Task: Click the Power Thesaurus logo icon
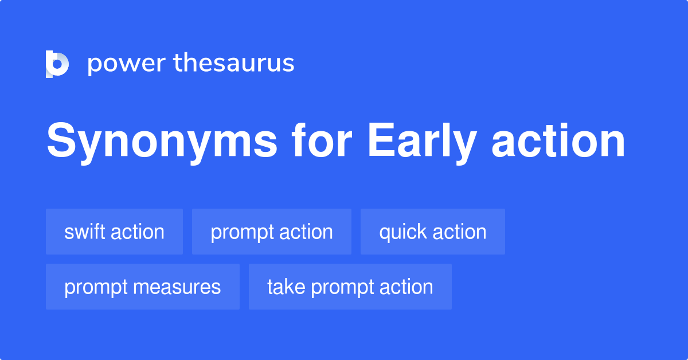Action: (x=57, y=64)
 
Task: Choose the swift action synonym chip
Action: (x=114, y=232)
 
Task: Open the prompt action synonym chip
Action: (x=271, y=232)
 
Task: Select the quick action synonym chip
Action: (x=432, y=232)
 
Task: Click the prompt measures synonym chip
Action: (x=142, y=287)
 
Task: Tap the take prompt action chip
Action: (x=350, y=287)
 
